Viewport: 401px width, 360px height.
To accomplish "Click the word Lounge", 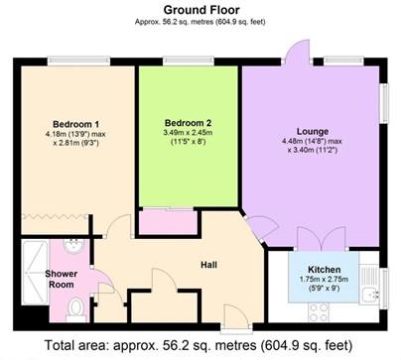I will (x=311, y=129).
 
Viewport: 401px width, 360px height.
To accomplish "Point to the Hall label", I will (x=209, y=264).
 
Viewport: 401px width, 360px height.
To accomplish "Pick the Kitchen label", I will (x=326, y=270).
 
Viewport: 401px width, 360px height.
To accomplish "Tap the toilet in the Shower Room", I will (x=76, y=306).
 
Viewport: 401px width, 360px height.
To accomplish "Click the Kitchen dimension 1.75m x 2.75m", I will (x=326, y=281).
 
